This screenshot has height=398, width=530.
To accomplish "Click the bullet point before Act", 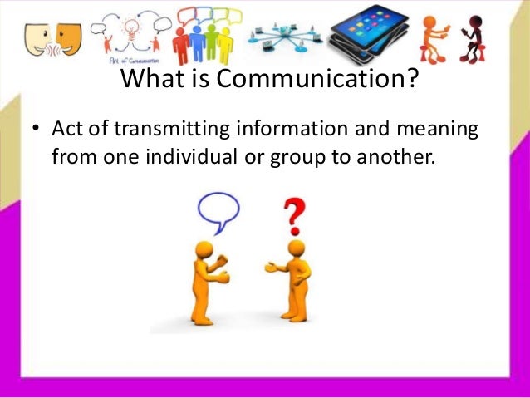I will [37, 131].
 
